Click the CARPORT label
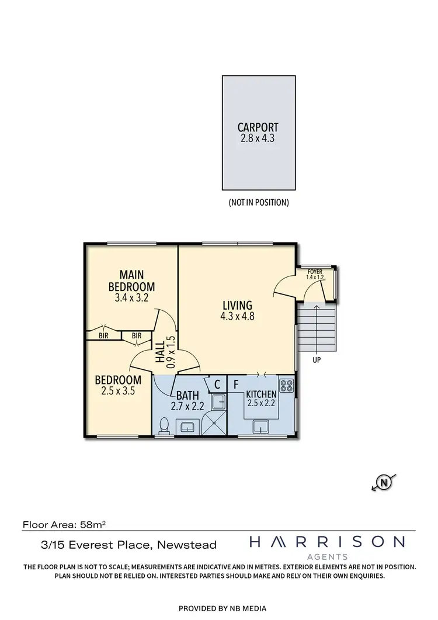click(x=258, y=127)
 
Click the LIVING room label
click(x=237, y=305)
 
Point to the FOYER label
click(x=315, y=272)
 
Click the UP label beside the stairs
click(x=317, y=360)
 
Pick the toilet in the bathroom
click(x=164, y=425)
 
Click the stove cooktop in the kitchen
click(x=287, y=385)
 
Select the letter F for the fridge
click(x=236, y=385)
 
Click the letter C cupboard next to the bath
click(x=217, y=385)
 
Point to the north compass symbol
click(x=384, y=483)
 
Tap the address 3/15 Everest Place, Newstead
click(x=119, y=545)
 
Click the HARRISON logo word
click(x=326, y=542)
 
